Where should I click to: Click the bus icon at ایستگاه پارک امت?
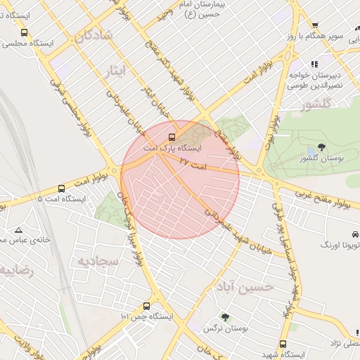point(172,137)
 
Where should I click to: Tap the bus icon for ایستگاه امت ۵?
point(62,188)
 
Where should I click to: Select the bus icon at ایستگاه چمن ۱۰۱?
point(146,306)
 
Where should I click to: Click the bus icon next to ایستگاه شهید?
point(283,344)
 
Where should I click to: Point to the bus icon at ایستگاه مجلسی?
point(25,32)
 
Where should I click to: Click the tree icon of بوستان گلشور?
point(321,147)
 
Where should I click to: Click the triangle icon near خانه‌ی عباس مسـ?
point(18,230)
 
